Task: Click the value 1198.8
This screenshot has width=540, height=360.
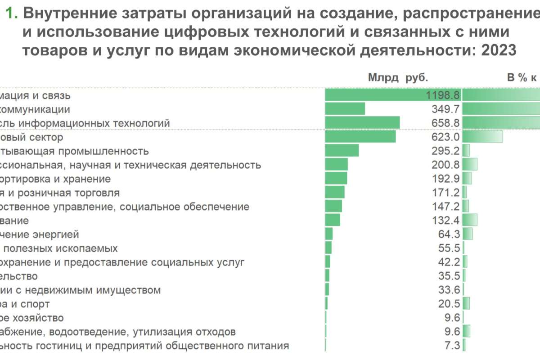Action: [x=442, y=95]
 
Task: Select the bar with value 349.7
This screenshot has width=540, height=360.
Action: [x=345, y=109]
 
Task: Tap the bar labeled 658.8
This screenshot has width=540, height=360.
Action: [x=362, y=123]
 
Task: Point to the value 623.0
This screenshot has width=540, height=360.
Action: [x=445, y=137]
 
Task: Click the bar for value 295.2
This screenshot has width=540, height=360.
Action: [x=342, y=151]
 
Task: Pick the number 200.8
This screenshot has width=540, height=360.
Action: [x=445, y=165]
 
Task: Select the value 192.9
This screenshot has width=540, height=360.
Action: [x=445, y=179]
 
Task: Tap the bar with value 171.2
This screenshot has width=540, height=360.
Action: [x=334, y=193]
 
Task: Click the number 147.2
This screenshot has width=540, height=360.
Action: [x=445, y=207]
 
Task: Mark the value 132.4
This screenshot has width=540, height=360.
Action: [x=445, y=220]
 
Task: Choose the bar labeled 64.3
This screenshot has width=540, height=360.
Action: [x=328, y=234]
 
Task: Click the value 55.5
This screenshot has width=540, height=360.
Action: [x=449, y=248]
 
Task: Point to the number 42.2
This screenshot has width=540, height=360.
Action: [x=449, y=262]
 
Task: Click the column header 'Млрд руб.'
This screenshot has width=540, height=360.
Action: [x=398, y=78]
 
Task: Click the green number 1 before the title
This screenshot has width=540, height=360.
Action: [x=11, y=14]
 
